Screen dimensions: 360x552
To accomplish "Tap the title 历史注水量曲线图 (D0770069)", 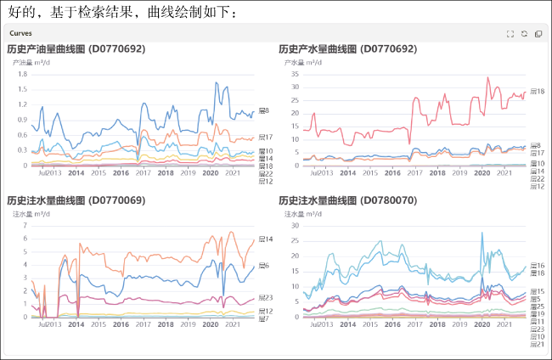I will [76, 201].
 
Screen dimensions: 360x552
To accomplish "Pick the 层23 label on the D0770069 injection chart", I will [264, 297].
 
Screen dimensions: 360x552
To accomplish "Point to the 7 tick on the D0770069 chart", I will [24, 226].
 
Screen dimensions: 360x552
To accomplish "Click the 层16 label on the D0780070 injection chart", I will [536, 266].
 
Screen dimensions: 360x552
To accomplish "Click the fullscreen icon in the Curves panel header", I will [510, 34].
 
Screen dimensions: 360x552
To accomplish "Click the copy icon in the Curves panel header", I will [538, 34].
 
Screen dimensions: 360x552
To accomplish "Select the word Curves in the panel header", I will [21, 33].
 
